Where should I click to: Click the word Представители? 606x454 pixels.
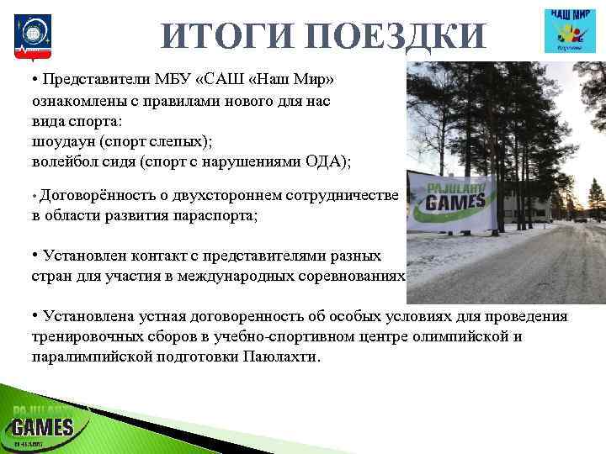pos(93,80)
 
